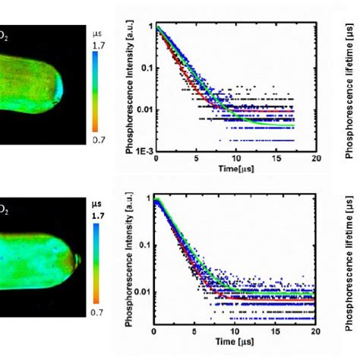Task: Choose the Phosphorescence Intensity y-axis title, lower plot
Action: pyautogui.click(x=130, y=266)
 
